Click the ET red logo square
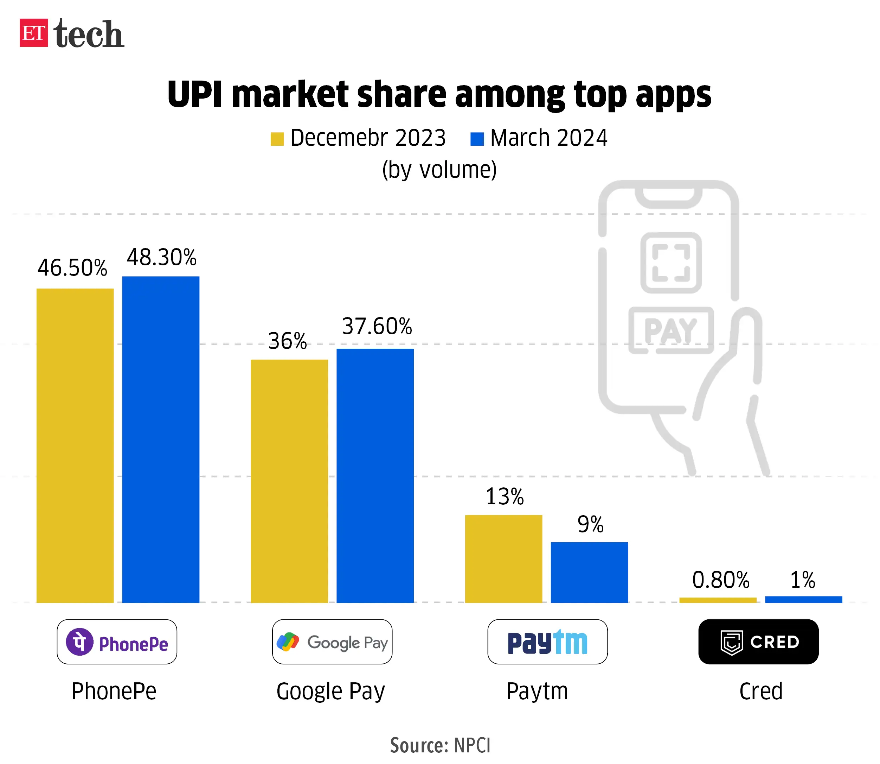34,33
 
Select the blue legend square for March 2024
477,139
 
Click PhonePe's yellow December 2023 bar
75,446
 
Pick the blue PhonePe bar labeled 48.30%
161,439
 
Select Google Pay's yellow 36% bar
289,481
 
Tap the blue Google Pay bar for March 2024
375,475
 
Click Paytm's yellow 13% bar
503,558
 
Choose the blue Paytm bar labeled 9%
589,572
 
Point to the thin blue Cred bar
803,599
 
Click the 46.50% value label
72,268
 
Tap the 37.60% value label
377,327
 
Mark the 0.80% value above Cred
721,580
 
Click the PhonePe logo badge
117,642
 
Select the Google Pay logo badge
332,642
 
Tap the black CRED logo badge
758,642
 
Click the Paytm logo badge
547,642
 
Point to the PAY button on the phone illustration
671,330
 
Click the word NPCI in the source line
473,745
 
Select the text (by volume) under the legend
439,170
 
